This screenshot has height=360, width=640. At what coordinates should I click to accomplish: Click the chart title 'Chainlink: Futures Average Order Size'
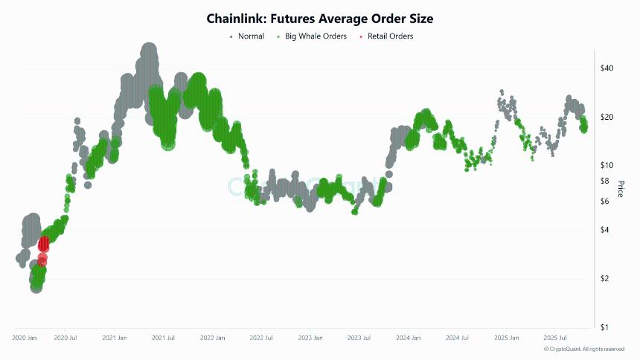pos(319,19)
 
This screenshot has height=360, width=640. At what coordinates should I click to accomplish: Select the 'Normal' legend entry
pos(250,36)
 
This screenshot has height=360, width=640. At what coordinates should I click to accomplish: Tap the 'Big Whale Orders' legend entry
pos(316,36)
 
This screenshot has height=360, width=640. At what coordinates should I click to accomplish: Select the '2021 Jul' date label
pos(163,338)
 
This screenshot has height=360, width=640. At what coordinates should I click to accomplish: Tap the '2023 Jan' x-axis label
pos(310,338)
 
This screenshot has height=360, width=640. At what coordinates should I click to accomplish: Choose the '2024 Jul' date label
pos(457,338)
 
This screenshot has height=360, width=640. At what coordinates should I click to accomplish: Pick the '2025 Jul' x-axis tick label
pos(555,338)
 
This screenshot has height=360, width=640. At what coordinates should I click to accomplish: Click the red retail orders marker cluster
pos(43,245)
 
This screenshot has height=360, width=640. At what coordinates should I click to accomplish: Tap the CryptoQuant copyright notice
pos(584,349)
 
